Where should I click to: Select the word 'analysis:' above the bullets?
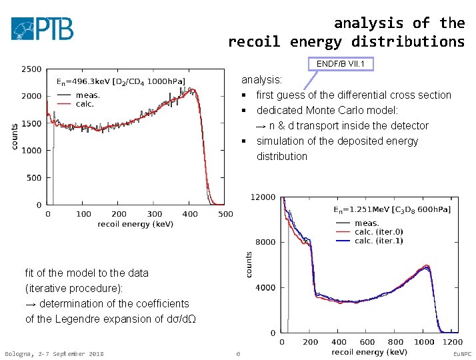pyautogui.click(x=261, y=80)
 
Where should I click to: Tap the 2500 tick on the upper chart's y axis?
pyautogui.click(x=31, y=69)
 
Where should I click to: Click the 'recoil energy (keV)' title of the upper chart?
pyautogui.click(x=135, y=224)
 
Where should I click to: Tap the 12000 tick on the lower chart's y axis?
pyautogui.click(x=262, y=197)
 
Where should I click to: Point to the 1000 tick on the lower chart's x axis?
pyautogui.click(x=424, y=342)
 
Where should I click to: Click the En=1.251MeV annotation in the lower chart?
pyautogui.click(x=391, y=210)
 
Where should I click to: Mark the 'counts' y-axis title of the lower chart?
pyautogui.click(x=249, y=265)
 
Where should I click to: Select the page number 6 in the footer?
pyautogui.click(x=238, y=353)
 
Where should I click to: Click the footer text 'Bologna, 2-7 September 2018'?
pyautogui.click(x=54, y=353)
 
